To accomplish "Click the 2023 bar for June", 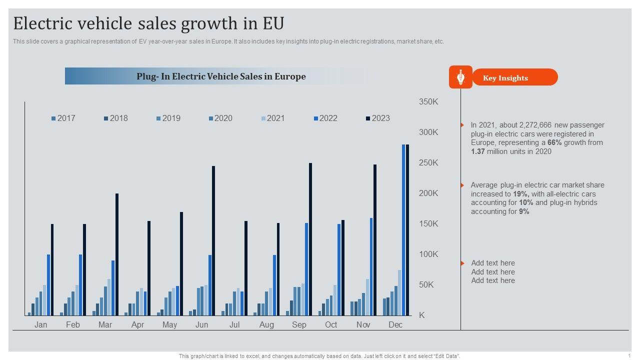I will pyautogui.click(x=213, y=240).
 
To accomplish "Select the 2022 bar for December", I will pyautogui.click(x=403, y=230).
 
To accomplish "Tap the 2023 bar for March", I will pyautogui.click(x=117, y=254).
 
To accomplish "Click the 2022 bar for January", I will pyautogui.click(x=48, y=285).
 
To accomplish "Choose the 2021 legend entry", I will pyautogui.click(x=272, y=118).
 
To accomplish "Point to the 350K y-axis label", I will pyautogui.click(x=428, y=102).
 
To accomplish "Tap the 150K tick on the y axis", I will pyautogui.click(x=428, y=224).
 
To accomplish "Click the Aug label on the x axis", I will pyautogui.click(x=266, y=325).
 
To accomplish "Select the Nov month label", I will pyautogui.click(x=363, y=325).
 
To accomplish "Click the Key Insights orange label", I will pyautogui.click(x=505, y=78).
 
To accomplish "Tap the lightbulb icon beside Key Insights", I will pyautogui.click(x=460, y=77).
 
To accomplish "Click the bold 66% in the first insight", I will pyautogui.click(x=555, y=143).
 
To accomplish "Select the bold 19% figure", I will pyautogui.click(x=521, y=194).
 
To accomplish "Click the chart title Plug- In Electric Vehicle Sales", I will pyautogui.click(x=221, y=76).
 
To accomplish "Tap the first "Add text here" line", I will pyautogui.click(x=492, y=263).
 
